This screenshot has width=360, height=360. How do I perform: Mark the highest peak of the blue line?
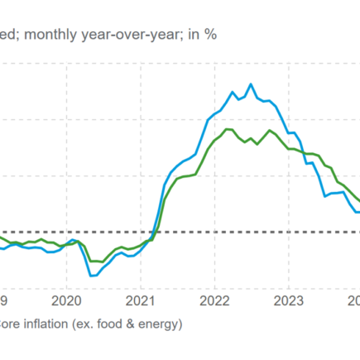coord(251,84)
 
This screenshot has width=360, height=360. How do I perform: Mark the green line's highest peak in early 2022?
coord(228,129)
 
